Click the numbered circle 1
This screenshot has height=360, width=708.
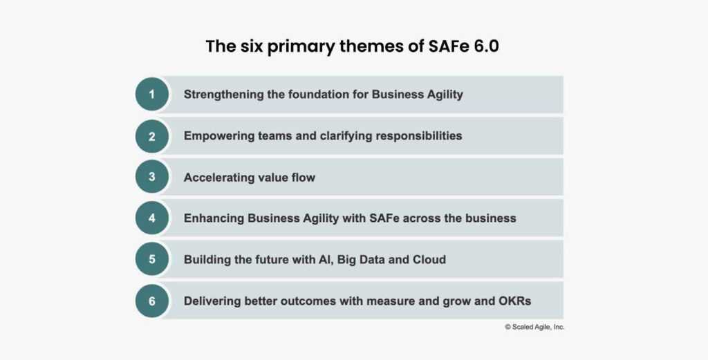pos(152,95)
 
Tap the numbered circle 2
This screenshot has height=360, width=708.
pos(152,136)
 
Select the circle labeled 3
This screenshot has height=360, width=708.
pos(152,178)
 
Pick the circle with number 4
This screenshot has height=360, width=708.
pos(152,218)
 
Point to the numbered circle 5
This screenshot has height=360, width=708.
pos(152,260)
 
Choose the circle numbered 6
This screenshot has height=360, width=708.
pos(152,301)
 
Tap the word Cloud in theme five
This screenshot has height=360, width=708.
pos(429,260)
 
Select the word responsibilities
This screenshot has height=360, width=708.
pos(419,136)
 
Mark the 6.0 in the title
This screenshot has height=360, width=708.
pos(485,47)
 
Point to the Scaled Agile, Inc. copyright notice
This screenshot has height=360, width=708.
pos(534,327)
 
